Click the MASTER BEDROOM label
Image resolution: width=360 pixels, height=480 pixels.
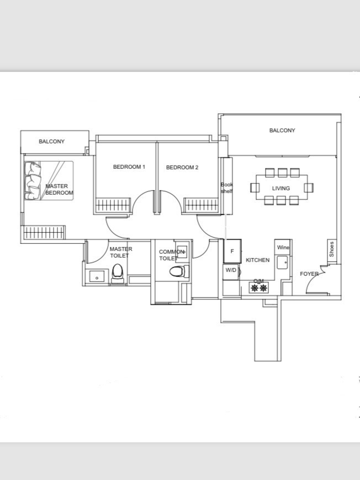point(57,190)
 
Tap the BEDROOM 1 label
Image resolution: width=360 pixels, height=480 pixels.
point(129,167)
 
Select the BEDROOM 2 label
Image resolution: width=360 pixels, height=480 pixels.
point(182,167)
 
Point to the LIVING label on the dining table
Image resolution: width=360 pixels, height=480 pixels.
point(280,188)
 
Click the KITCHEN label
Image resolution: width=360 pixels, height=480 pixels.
point(257,260)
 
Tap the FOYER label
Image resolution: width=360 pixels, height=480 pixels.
point(309,274)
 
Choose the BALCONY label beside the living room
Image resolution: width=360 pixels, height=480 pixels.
point(282,131)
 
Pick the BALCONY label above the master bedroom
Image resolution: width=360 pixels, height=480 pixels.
point(51,142)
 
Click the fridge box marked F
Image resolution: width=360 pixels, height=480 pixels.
point(232,252)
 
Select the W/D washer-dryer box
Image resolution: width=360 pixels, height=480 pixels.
point(230,270)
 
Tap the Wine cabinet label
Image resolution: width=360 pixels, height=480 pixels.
point(283,248)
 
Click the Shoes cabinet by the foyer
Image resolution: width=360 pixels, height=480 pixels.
point(331,249)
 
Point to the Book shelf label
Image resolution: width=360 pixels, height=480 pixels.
point(227,188)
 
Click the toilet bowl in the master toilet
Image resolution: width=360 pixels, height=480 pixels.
point(117,273)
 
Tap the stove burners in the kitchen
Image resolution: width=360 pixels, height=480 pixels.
point(258,287)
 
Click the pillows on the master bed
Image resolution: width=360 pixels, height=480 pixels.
point(33,180)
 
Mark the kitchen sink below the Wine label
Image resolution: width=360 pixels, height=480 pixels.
point(282,263)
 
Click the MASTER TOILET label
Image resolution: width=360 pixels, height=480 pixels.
point(120,252)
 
